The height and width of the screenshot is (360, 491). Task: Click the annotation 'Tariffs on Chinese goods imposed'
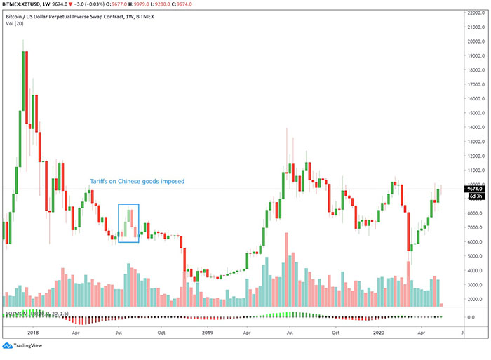pos(137,181)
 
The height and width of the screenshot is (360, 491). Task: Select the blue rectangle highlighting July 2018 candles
pos(128,223)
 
